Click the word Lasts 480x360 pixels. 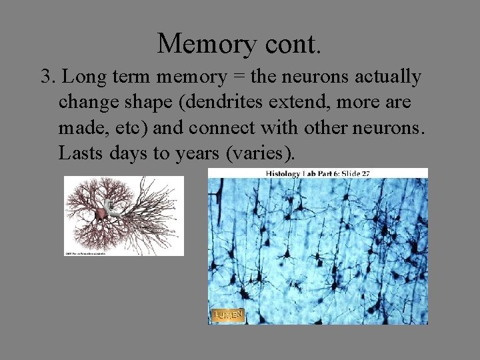[x=80, y=153]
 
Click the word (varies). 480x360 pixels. [x=261, y=153]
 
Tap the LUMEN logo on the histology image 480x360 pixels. [x=228, y=315]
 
